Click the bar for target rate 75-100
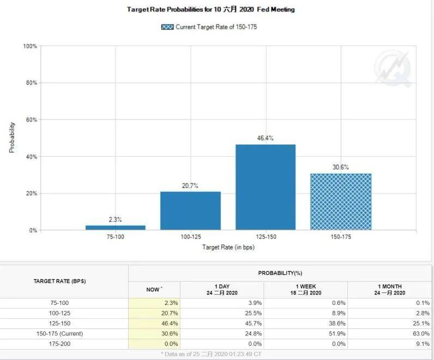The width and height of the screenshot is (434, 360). click(116, 227)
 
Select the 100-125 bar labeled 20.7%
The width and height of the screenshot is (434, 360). click(190, 210)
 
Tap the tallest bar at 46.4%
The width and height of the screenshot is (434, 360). click(266, 187)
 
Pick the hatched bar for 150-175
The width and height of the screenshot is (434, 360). click(341, 202)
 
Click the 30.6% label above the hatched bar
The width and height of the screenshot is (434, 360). click(341, 167)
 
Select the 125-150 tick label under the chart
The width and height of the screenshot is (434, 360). click(266, 237)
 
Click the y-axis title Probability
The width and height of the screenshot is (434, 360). click(12, 137)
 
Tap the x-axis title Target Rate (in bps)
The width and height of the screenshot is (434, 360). click(228, 247)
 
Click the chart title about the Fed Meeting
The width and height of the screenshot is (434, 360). click(210, 9)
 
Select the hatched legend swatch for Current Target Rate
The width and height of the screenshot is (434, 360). click(167, 27)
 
